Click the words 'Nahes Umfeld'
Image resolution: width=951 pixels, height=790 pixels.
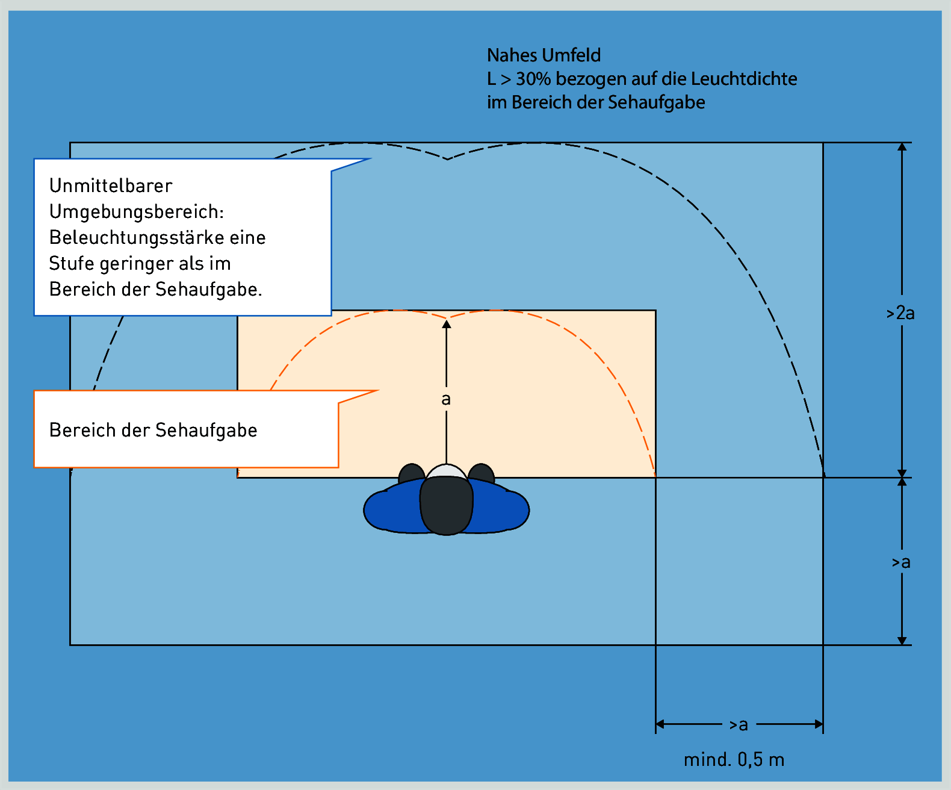544,55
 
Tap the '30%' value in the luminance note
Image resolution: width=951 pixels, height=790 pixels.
533,79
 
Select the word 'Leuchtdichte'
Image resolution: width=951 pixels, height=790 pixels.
744,79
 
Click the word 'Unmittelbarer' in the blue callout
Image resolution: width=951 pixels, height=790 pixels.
111,185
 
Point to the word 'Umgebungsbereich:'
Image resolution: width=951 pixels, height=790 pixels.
137,212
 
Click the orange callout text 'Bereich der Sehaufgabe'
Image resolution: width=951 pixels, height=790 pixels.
153,430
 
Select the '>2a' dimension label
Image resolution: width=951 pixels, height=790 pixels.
900,313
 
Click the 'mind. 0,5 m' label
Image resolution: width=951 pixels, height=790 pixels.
734,759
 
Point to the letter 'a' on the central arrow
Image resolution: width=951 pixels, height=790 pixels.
447,399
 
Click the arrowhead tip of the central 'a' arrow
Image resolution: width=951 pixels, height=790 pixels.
447,320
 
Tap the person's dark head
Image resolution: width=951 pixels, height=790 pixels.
447,505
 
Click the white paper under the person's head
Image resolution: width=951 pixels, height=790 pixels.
447,471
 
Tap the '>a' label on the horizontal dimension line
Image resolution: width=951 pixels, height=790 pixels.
739,724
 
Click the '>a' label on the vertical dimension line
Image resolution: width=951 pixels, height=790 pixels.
901,562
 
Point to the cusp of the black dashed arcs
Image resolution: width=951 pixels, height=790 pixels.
447,160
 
